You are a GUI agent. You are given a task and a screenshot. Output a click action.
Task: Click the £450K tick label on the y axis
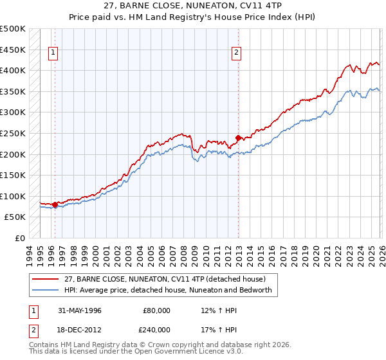coord(13,50)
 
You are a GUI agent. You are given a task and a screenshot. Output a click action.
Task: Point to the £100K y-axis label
coord(13,196)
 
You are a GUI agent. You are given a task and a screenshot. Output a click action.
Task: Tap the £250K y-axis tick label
coord(13,133)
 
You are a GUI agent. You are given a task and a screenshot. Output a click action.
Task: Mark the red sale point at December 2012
coord(238,138)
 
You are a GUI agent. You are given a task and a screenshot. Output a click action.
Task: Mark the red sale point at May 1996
coord(55,204)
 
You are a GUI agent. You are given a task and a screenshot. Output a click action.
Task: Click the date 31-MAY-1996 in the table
coord(80,310)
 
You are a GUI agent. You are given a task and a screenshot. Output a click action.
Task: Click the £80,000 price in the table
coord(156,310)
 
